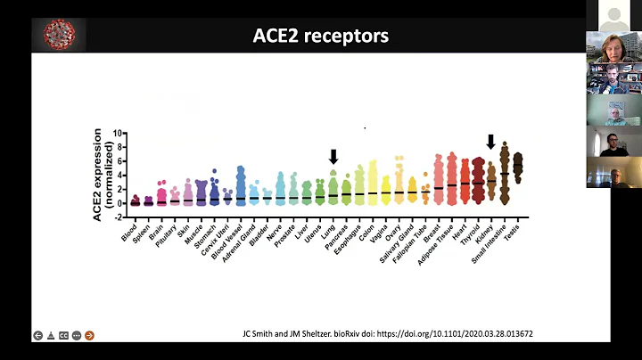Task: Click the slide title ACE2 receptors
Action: (321, 37)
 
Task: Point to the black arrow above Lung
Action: (333, 157)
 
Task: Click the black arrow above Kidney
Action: (490, 142)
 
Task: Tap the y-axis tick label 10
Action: (118, 134)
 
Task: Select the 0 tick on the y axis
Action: (119, 203)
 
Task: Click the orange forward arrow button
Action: (89, 335)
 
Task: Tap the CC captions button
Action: (63, 335)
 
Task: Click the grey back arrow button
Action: (37, 335)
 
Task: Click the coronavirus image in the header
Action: (53, 35)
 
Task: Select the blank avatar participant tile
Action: (613, 15)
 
